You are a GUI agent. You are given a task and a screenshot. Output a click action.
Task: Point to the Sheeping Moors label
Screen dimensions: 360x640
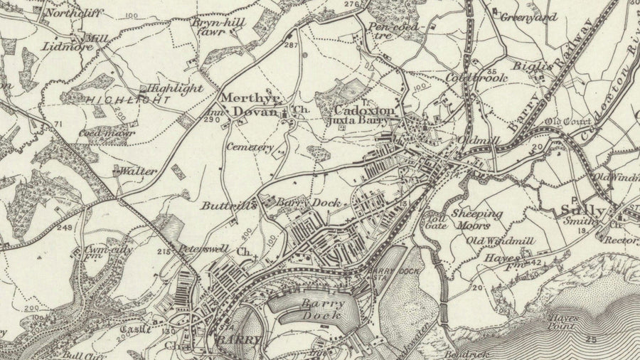477,218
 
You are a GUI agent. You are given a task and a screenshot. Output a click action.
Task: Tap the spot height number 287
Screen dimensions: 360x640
289,46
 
